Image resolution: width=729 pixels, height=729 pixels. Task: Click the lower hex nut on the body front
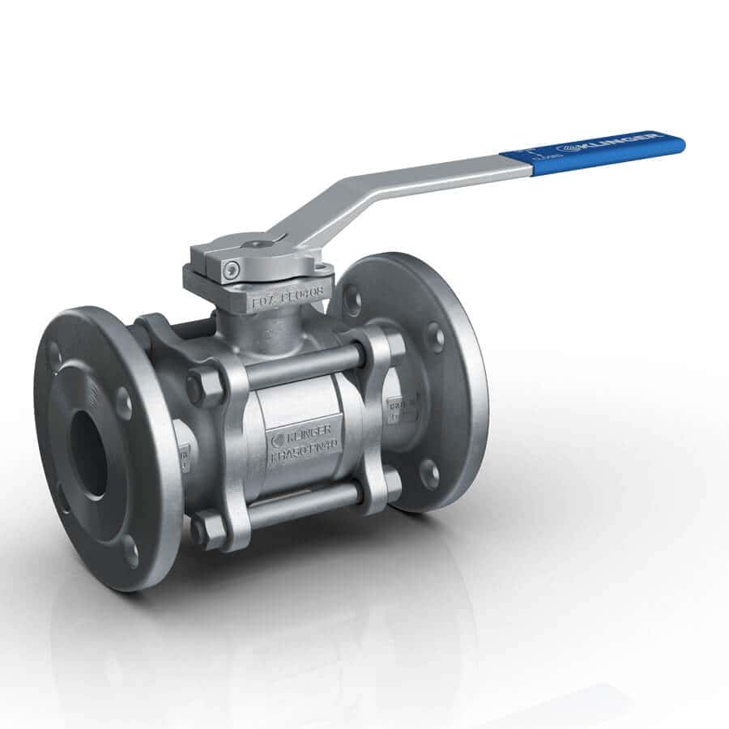point(207,530)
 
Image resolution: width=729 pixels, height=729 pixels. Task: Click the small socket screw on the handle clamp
point(233,269)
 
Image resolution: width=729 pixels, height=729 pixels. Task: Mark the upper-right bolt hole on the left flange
point(123,402)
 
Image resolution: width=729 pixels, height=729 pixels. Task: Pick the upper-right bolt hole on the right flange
point(435,336)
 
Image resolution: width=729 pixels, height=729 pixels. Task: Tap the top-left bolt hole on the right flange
point(352,300)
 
